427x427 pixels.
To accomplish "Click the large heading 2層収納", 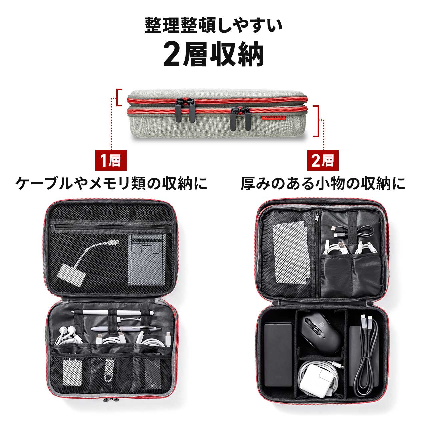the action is tap(213, 54).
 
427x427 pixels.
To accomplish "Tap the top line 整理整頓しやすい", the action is tap(213, 26).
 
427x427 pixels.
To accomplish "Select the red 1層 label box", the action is tap(111, 160).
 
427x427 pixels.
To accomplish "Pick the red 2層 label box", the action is tap(323, 160).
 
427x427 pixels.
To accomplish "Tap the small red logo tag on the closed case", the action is tap(273, 118).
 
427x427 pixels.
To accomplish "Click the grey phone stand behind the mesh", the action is tap(147, 260).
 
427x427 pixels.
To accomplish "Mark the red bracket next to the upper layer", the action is tap(119, 98).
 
